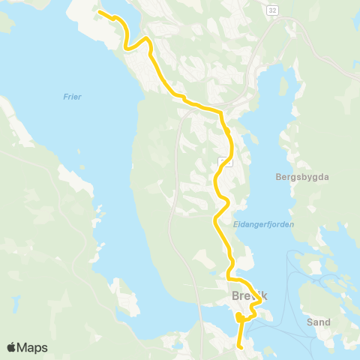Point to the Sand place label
pyautogui.click(x=319, y=322)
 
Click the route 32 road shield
pyautogui.click(x=271, y=10)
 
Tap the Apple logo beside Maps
pyautogui.click(x=12, y=348)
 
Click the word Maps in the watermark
pyautogui.click(x=33, y=348)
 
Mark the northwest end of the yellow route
pyautogui.click(x=100, y=12)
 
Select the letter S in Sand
pyautogui.click(x=310, y=322)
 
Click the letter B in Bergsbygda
pyautogui.click(x=278, y=177)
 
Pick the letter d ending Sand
pyautogui.click(x=328, y=322)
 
